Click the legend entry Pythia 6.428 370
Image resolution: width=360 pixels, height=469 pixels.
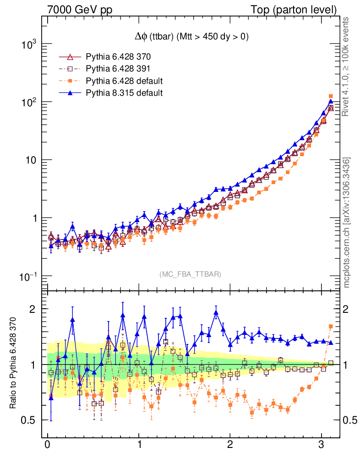118,57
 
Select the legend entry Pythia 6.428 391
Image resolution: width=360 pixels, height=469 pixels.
118,69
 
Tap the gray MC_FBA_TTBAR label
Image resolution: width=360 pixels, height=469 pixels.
191,274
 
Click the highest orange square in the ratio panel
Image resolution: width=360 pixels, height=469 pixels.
331,327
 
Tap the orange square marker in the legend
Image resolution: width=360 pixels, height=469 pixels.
70,81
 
